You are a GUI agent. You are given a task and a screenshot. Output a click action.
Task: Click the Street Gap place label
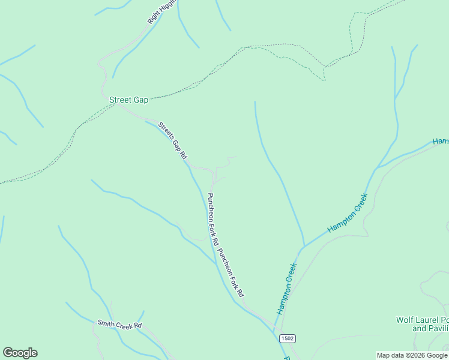(128, 100)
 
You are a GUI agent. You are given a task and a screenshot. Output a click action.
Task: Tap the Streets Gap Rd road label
(172, 141)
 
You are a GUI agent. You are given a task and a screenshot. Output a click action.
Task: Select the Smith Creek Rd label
(119, 325)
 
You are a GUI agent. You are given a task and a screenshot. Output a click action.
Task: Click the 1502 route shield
(288, 338)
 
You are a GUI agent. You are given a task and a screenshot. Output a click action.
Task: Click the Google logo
(20, 353)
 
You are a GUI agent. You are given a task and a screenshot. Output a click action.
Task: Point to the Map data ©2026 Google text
(412, 356)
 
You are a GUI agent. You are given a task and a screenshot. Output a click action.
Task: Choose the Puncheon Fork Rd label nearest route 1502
(231, 273)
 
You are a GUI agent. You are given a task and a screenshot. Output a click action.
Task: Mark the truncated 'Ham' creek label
(441, 142)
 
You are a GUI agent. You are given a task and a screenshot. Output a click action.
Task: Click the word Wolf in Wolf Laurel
(405, 320)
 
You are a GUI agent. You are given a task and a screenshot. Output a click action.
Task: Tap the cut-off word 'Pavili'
(438, 329)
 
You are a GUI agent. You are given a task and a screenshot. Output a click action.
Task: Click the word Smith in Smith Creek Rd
(106, 323)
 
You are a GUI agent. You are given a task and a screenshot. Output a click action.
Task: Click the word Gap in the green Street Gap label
(140, 100)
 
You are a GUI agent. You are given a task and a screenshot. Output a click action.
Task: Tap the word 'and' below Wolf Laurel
(418, 329)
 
